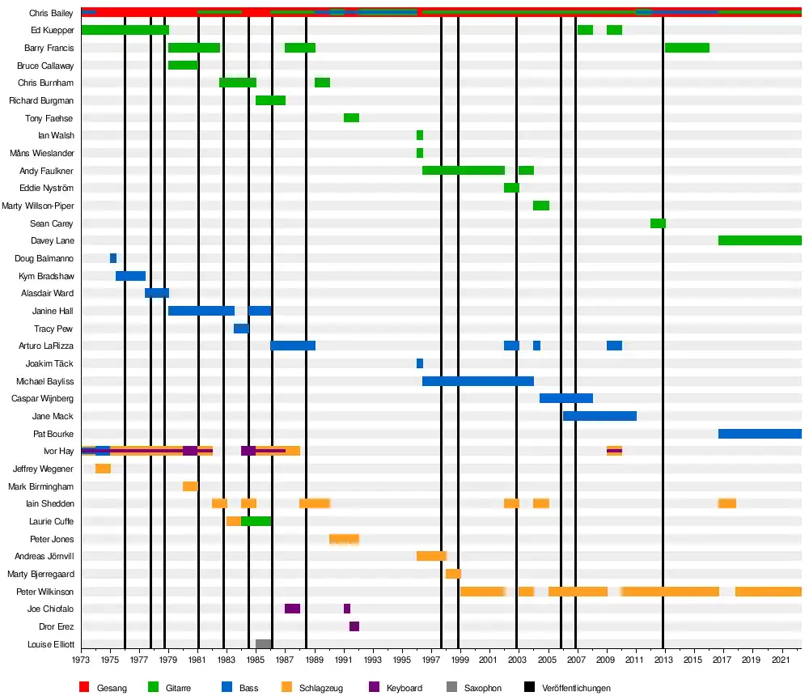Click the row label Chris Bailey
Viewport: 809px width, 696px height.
pyautogui.click(x=51, y=13)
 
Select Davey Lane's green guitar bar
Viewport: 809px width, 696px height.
pyautogui.click(x=759, y=240)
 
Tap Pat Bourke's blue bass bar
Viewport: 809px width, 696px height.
pyautogui.click(x=759, y=434)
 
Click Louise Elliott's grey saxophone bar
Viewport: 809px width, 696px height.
pyautogui.click(x=263, y=644)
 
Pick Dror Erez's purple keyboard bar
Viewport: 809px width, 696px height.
pyautogui.click(x=354, y=626)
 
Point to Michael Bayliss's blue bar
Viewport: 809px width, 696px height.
pyautogui.click(x=477, y=381)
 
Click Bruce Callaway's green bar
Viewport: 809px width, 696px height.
pyautogui.click(x=183, y=66)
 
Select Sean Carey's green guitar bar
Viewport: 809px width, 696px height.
pyautogui.click(x=658, y=223)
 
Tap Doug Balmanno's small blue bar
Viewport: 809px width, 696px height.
pyautogui.click(x=113, y=258)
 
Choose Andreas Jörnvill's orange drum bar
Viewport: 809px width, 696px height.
pyautogui.click(x=431, y=556)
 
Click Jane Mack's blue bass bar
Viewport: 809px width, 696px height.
pyautogui.click(x=599, y=416)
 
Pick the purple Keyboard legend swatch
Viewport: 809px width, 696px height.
pyautogui.click(x=375, y=688)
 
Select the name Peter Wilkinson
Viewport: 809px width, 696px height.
pyautogui.click(x=44, y=592)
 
